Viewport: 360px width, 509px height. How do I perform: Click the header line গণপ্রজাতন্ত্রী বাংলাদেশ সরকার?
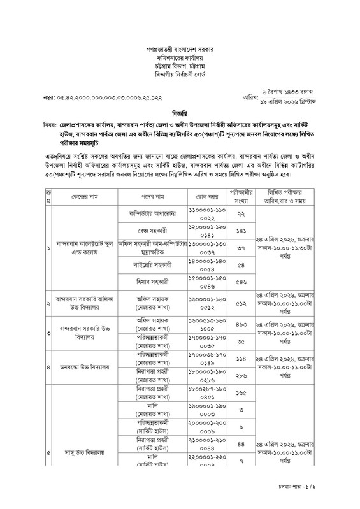(180, 49)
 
